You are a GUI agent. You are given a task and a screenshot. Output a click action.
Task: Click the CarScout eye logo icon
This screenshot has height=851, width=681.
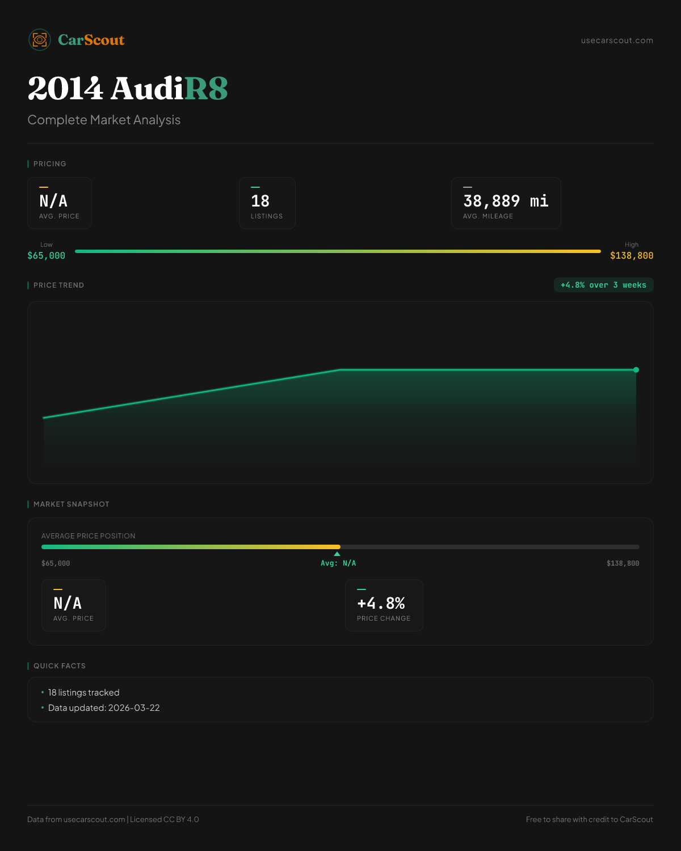(40, 40)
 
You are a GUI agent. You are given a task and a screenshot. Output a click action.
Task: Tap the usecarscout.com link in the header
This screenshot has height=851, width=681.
(617, 40)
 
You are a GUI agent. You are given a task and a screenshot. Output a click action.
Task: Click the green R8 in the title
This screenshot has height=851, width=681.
(206, 89)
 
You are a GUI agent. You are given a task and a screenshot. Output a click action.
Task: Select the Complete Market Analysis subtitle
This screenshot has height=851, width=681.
(104, 120)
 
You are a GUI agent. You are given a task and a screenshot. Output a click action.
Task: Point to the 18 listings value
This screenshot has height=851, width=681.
(260, 201)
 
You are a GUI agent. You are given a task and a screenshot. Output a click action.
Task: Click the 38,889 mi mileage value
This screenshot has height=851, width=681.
(506, 201)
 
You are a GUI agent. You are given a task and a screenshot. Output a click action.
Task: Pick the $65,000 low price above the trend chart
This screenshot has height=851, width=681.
(46, 256)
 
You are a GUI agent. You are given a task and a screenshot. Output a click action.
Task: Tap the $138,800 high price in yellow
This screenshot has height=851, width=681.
(632, 256)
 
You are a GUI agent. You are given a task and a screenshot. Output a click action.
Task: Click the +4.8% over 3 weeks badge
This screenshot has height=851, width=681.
(603, 285)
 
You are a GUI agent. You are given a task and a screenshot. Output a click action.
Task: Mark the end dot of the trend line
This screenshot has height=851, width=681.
(636, 370)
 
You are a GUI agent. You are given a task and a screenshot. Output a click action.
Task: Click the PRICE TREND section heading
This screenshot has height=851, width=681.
(58, 285)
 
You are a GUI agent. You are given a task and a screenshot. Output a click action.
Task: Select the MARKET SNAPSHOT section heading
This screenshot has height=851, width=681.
(71, 504)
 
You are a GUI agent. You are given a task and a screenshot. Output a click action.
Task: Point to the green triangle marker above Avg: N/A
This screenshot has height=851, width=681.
(337, 554)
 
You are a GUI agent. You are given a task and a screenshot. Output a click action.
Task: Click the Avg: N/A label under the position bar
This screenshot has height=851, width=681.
(338, 563)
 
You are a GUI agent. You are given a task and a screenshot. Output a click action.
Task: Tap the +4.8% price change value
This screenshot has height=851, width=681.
(381, 603)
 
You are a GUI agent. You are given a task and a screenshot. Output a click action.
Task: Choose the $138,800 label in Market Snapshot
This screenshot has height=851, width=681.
(623, 563)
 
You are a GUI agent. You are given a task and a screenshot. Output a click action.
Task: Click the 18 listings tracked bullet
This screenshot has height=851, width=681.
(83, 693)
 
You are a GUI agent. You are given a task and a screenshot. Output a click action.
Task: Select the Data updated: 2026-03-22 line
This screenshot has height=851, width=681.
(104, 708)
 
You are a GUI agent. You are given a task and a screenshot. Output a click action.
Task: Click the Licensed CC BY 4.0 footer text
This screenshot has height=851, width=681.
(165, 819)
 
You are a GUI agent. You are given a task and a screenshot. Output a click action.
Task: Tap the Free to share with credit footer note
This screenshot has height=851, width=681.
(589, 819)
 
